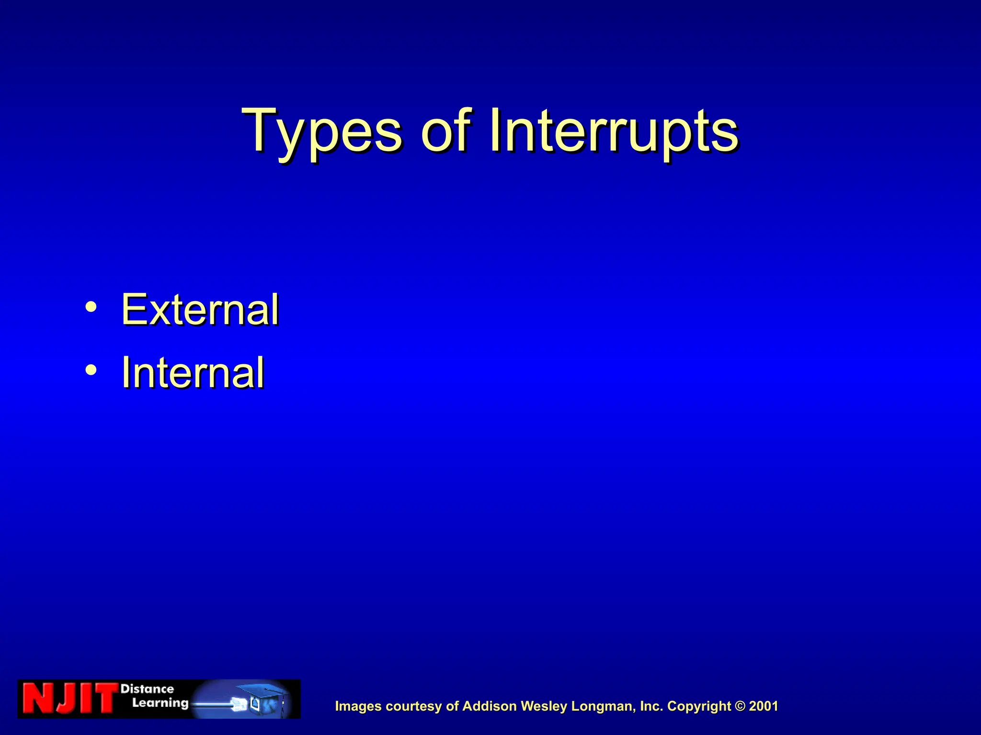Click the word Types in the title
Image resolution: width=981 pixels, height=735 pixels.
[x=321, y=132]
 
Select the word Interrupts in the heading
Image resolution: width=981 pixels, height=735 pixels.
[x=613, y=132]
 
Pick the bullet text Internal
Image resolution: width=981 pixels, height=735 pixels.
[x=193, y=373]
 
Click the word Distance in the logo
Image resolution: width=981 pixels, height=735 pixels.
[x=147, y=689]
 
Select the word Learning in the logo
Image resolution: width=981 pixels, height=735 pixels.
[x=160, y=703]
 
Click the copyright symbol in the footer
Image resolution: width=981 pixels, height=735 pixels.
[x=741, y=706]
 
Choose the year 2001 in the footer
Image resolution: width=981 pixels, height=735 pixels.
[x=764, y=706]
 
